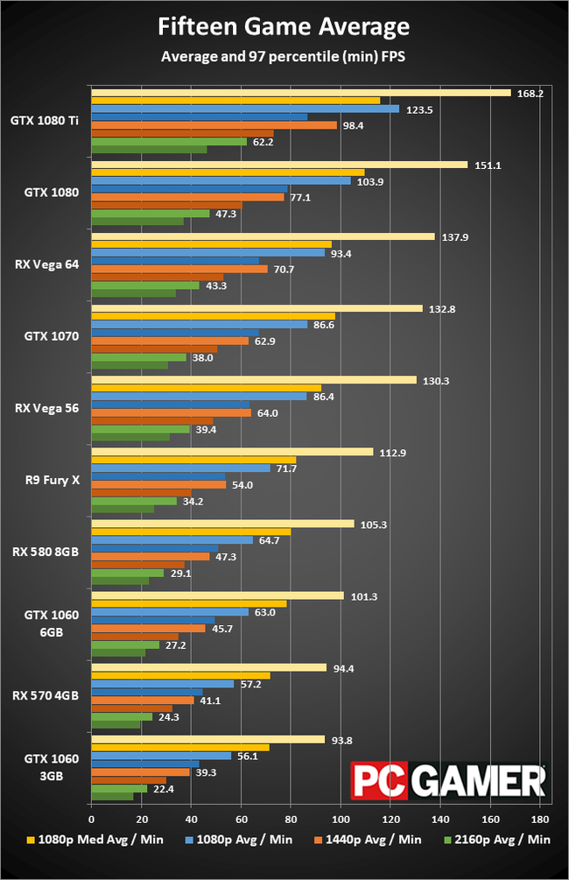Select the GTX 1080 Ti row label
click(x=46, y=121)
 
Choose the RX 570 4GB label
click(x=46, y=695)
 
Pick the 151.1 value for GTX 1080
click(x=487, y=165)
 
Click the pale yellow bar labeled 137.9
click(x=263, y=236)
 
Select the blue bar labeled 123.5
click(x=245, y=109)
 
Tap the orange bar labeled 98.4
click(x=214, y=125)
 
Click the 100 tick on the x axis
click(x=340, y=820)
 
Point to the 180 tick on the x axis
click(x=539, y=820)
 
